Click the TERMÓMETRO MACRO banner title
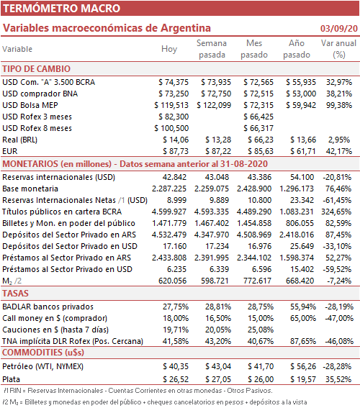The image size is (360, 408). pos(61,9)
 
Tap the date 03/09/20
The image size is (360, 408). pos(339,28)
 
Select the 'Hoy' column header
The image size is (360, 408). pos(169,49)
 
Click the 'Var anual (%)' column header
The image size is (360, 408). pos(338,49)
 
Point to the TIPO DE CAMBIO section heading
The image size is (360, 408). pos(37,69)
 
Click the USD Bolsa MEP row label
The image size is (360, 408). pos(30,105)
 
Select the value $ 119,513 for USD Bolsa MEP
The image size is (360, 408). pos(171,105)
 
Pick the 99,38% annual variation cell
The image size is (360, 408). pos(339,105)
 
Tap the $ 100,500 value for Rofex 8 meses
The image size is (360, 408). pos(171,128)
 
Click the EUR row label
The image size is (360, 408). pos(10,151)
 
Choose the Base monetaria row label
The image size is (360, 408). pos(30,189)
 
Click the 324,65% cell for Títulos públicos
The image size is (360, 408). pos(336,212)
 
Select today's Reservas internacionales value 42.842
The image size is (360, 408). pos(174,177)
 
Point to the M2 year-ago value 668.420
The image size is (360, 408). pos(300,281)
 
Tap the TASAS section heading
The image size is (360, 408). pos(15,294)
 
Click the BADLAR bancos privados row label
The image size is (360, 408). pos(48,307)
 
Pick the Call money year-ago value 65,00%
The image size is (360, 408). pos(303,318)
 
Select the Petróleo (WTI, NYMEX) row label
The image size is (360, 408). pos(43,366)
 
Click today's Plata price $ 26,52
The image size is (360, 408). pos(176,379)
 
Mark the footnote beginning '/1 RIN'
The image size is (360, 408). pos(138,391)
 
